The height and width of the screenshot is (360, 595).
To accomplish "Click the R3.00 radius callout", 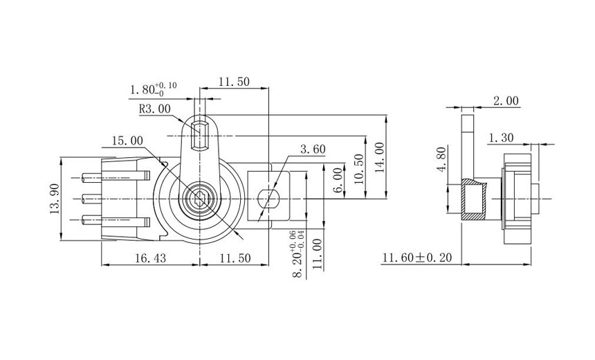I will click(x=154, y=109).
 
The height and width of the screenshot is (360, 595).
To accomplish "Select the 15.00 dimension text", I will click(x=127, y=141).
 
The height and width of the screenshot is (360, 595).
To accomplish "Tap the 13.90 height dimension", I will click(x=55, y=199).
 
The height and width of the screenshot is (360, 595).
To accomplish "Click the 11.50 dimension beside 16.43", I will click(x=235, y=258).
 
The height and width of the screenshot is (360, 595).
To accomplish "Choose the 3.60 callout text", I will click(x=313, y=149).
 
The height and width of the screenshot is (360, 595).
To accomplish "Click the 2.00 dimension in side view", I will click(x=505, y=101).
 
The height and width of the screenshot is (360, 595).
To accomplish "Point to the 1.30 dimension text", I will click(x=500, y=138).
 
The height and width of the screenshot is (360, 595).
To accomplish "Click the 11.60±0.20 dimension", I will click(x=416, y=258).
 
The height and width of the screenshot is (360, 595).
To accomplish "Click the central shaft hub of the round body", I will click(x=199, y=199).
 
